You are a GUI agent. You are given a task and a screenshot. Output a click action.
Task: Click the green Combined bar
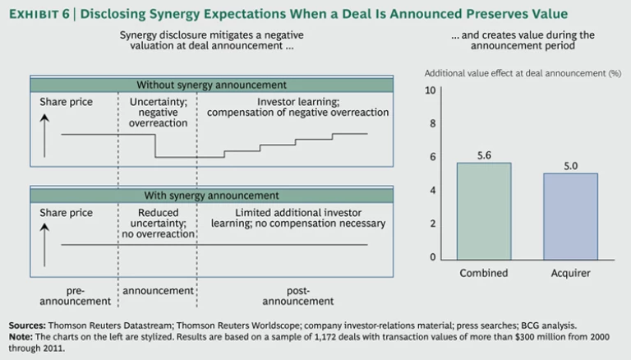[x=483, y=210]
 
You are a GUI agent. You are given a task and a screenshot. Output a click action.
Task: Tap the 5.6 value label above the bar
[x=483, y=154]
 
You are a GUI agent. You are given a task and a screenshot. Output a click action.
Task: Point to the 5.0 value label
[x=570, y=164]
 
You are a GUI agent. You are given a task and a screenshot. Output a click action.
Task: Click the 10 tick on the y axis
[x=430, y=90]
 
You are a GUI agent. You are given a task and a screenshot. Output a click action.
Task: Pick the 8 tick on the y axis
[x=432, y=123]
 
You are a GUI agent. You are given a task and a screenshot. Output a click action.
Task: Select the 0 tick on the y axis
[x=432, y=257]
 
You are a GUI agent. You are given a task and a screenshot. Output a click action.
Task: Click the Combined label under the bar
[x=483, y=273]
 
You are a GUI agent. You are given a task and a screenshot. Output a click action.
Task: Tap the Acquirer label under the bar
[x=570, y=273]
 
